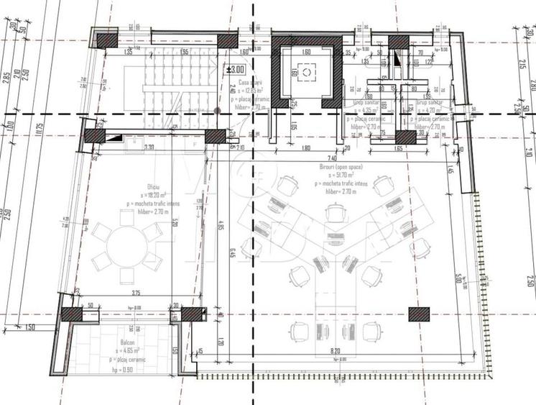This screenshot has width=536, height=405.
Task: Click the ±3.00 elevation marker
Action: [x=236, y=70]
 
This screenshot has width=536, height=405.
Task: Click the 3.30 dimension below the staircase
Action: [x=149, y=147]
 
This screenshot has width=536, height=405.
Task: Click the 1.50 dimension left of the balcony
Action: [x=29, y=327]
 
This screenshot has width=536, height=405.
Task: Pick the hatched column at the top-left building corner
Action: [x=106, y=40]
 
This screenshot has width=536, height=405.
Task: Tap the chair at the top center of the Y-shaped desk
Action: [x=335, y=211]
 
